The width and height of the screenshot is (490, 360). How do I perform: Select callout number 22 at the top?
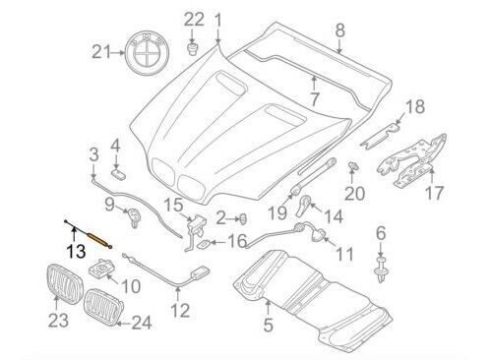click(x=195, y=19)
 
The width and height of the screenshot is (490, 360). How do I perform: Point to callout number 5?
click(x=268, y=322)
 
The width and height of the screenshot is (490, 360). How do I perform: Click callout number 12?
click(x=178, y=312)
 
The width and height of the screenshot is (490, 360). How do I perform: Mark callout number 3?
click(x=92, y=154)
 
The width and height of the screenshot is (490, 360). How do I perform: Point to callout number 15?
click(x=173, y=206)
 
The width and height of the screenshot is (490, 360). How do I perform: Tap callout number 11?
click(x=343, y=255)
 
